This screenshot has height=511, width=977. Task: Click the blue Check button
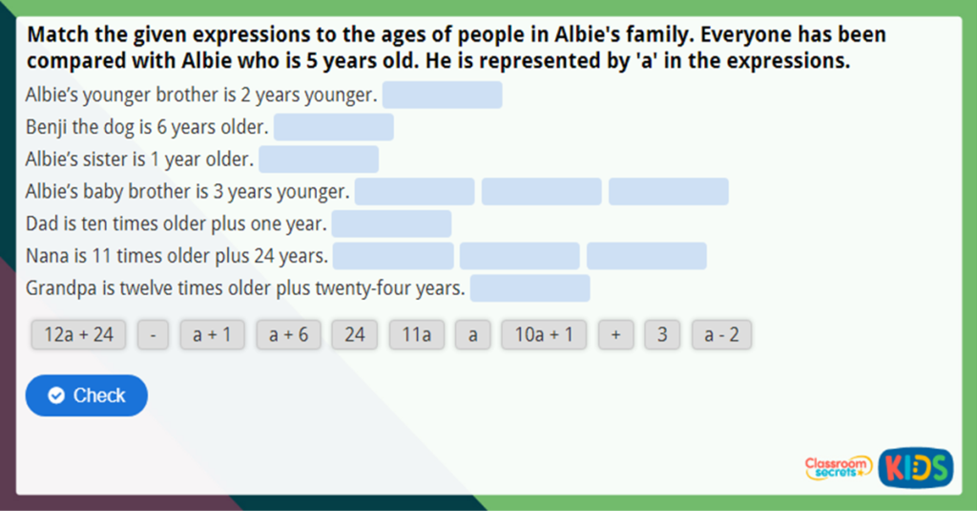tap(87, 395)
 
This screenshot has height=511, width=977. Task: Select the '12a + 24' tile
tap(78, 334)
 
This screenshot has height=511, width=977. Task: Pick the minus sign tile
tap(153, 334)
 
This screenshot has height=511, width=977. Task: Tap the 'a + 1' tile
tap(212, 334)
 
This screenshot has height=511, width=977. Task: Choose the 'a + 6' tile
tap(288, 334)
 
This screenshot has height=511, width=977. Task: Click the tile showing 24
tap(355, 334)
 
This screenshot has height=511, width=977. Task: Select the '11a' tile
tap(417, 334)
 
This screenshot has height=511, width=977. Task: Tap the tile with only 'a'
tap(472, 334)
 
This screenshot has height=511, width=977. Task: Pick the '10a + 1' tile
tap(544, 334)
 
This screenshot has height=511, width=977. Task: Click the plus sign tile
tap(616, 334)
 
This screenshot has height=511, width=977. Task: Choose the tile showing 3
tap(662, 334)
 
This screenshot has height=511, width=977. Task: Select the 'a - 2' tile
tap(721, 334)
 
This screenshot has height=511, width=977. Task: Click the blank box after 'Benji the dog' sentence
tap(334, 127)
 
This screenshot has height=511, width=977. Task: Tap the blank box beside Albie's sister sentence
tap(319, 160)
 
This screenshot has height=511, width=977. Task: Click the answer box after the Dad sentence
tap(391, 224)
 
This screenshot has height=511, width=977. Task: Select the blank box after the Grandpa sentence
tap(530, 288)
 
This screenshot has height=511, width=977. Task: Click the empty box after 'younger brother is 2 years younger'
tap(443, 96)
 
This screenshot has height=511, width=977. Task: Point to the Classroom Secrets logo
tap(837, 467)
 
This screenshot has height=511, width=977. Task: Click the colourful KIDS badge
tap(915, 467)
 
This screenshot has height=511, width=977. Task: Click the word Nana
tap(46, 256)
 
